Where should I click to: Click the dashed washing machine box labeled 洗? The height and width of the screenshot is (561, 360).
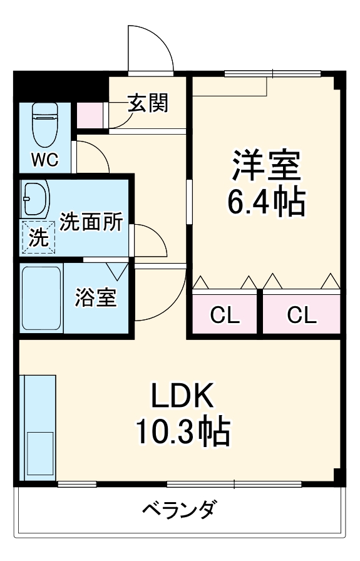[38, 238]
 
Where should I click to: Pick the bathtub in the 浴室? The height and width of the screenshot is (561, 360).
[41, 299]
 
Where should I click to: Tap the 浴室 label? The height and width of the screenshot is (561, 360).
[95, 298]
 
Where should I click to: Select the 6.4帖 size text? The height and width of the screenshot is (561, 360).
[267, 202]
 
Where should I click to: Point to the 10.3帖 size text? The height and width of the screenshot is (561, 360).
[182, 431]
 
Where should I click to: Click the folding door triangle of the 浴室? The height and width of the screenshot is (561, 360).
[117, 271]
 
